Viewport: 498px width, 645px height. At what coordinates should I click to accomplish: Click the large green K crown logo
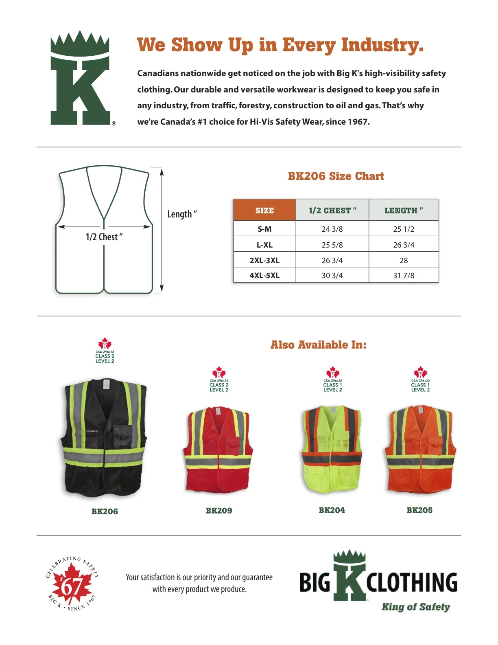tap(80, 78)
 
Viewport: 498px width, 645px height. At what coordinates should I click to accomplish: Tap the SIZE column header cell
tap(264, 211)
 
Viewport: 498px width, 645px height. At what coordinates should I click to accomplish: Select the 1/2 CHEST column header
tap(332, 211)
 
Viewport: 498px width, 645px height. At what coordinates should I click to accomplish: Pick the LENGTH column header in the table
tap(404, 211)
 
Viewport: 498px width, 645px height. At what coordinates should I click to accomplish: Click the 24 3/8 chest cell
tap(332, 229)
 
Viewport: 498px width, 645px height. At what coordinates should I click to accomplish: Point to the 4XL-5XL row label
tap(264, 275)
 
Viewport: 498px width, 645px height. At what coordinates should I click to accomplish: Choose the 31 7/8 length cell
tap(404, 275)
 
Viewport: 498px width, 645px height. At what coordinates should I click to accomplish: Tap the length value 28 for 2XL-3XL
tap(404, 260)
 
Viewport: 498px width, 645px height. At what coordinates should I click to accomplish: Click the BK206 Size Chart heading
tap(336, 176)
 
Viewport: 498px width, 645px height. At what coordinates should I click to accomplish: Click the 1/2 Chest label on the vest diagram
tap(104, 237)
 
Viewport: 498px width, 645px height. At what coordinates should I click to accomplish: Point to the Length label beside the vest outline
tap(182, 214)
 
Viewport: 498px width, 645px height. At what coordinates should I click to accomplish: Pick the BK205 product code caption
tap(419, 510)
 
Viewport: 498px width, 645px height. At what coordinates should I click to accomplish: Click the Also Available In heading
tap(318, 345)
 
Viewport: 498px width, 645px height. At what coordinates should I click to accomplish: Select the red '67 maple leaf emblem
tap(72, 584)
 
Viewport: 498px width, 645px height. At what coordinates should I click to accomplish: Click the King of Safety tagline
tap(415, 607)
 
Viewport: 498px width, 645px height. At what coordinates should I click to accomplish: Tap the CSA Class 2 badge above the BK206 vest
tap(105, 351)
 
